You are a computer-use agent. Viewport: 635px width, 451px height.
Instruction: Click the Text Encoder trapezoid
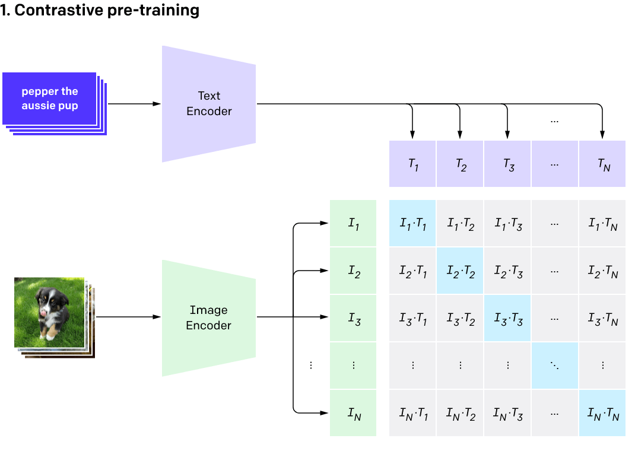click(209, 104)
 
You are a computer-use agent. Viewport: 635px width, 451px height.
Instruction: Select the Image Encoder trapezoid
click(209, 317)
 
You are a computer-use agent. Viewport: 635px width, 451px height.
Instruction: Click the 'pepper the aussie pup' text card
click(50, 99)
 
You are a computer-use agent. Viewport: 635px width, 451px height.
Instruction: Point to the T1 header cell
click(413, 164)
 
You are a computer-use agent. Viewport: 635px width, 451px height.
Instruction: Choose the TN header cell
click(602, 164)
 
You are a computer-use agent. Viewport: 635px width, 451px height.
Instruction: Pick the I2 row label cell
click(353, 272)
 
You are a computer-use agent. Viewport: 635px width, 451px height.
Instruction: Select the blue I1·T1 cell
click(413, 224)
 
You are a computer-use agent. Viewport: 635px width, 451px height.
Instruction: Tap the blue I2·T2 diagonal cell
click(461, 272)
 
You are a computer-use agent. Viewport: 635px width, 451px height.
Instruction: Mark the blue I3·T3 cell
click(508, 319)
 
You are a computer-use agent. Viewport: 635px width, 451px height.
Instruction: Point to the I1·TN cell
click(602, 224)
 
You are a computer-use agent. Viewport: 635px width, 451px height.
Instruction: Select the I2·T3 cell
click(508, 272)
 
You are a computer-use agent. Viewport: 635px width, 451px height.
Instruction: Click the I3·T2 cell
click(461, 319)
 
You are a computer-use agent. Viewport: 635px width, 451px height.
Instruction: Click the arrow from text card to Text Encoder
click(134, 104)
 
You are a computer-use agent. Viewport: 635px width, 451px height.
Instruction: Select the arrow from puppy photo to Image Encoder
click(128, 317)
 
